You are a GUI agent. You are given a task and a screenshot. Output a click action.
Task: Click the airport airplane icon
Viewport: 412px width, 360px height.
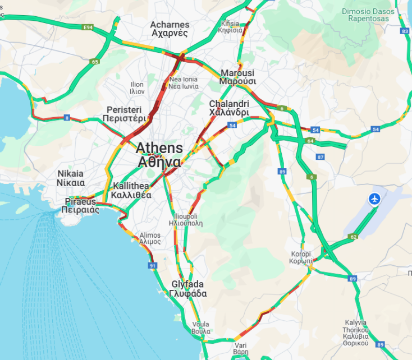click(x=374, y=199)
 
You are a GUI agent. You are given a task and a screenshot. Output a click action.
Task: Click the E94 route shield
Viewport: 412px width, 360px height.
click(x=87, y=27)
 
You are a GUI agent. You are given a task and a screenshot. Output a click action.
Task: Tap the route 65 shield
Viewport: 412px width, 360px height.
click(x=95, y=62)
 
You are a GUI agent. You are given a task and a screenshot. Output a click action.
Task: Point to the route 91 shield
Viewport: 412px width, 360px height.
click(x=152, y=265)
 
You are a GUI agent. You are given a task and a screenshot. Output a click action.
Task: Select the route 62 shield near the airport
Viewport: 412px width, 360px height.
click(x=353, y=237)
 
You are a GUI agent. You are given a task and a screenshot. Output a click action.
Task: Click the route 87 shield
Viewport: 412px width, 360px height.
click(x=321, y=157)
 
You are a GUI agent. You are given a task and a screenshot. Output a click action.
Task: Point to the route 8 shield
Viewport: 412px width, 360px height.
click(x=67, y=118)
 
